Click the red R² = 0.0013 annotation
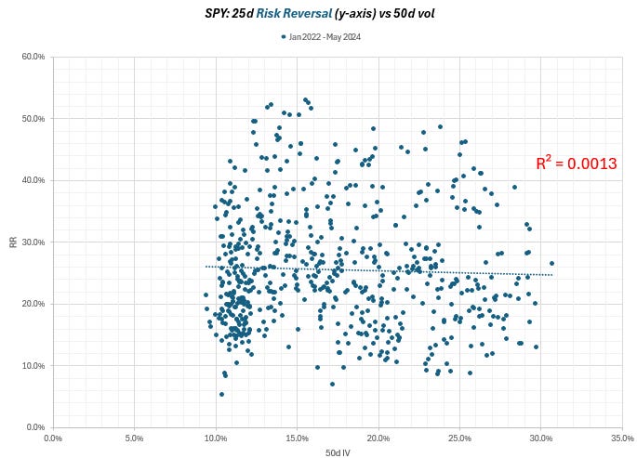(x=576, y=164)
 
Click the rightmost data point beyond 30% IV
(x=551, y=263)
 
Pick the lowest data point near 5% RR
(x=221, y=394)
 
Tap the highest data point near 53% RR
(x=304, y=99)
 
